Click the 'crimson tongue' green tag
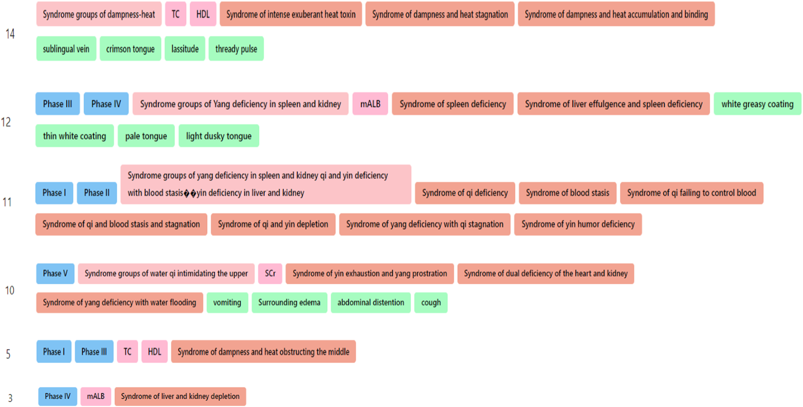tap(130, 49)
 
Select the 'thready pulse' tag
tap(236, 49)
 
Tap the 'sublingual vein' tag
tap(66, 49)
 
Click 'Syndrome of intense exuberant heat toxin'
tap(291, 15)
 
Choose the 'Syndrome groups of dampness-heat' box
tap(99, 15)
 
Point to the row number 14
tap(10, 34)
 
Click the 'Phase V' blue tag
tap(55, 274)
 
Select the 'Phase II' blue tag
tap(97, 193)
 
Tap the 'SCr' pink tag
tap(270, 274)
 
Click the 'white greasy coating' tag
tap(757, 104)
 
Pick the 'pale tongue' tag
tap(146, 136)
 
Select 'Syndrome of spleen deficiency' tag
tap(453, 104)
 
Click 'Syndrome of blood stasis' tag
tap(567, 193)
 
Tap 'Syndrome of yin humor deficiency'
tap(578, 224)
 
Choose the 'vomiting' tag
tap(227, 303)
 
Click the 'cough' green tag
tap(431, 303)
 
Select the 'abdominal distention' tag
tap(371, 303)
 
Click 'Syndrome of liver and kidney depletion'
tap(180, 397)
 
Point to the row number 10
tap(10, 291)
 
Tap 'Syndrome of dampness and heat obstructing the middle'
tap(263, 352)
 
